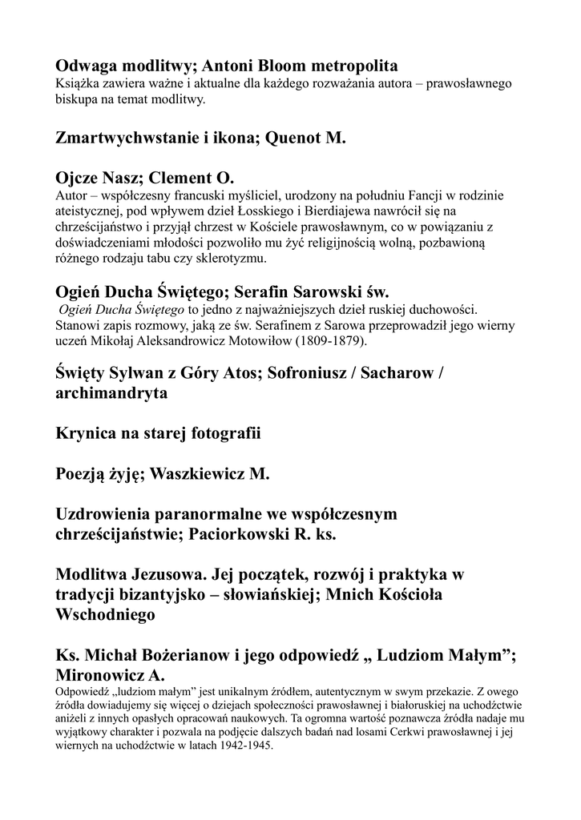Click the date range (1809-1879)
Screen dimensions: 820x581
(x=328, y=341)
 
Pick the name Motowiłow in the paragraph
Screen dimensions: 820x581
(x=250, y=341)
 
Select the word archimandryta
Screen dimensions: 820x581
(x=111, y=394)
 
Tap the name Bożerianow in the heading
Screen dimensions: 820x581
(x=186, y=654)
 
